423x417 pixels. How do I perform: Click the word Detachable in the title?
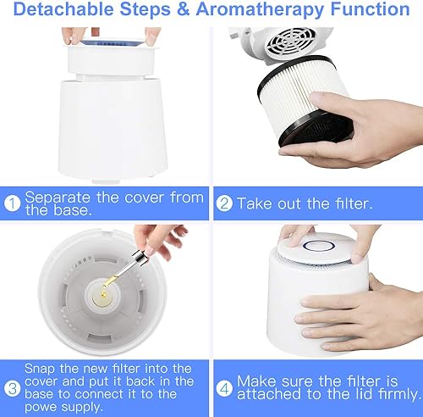63,8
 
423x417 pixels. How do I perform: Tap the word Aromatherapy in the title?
260,9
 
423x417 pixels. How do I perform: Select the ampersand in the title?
184,8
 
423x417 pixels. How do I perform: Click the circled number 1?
12,203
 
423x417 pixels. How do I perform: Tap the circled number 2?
224,203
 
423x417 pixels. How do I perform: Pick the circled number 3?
12,388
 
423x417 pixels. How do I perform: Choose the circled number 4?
224,388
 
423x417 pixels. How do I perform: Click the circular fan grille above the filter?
290,42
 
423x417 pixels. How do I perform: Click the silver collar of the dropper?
139,258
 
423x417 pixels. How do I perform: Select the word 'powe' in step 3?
41,408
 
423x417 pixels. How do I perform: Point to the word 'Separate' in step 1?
58,197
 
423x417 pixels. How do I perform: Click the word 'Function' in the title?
370,8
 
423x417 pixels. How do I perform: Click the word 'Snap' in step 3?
40,369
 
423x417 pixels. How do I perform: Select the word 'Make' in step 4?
256,381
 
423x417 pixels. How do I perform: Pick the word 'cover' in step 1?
144,198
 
